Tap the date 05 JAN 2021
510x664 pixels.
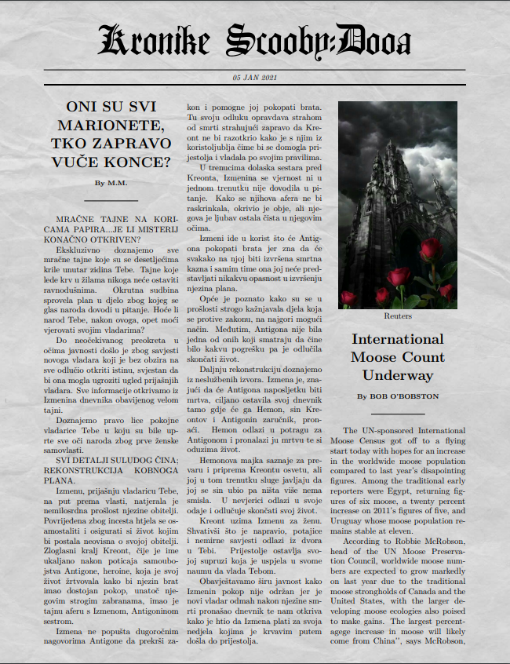(x=255, y=77)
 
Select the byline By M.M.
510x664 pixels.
(x=111, y=183)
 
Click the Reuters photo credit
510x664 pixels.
(x=397, y=316)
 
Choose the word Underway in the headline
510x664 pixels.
(x=397, y=375)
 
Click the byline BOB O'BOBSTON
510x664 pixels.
(x=406, y=396)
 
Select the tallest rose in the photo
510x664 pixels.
(x=431, y=250)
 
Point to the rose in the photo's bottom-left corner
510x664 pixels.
(x=349, y=297)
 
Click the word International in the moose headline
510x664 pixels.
(x=397, y=339)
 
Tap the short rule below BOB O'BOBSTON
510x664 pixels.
(x=397, y=414)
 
